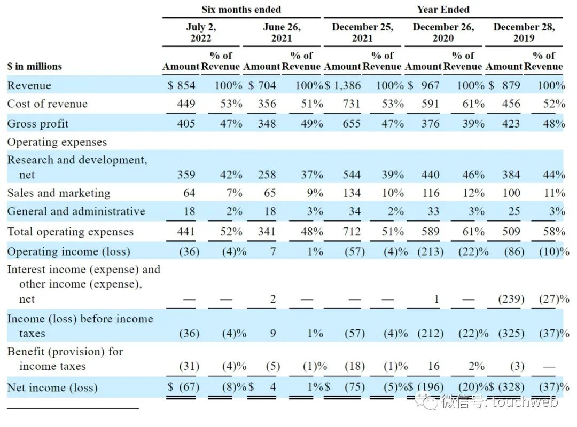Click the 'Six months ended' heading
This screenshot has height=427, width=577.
(241, 9)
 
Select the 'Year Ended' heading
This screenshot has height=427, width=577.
(443, 9)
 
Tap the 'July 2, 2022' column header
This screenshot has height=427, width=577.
(201, 33)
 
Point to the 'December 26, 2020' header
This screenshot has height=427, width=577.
(443, 33)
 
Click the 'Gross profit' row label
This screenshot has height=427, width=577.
(37, 124)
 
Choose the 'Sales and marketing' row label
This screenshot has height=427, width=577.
(59, 193)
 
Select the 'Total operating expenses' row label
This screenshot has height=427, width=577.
(71, 231)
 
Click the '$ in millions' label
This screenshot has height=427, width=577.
(35, 67)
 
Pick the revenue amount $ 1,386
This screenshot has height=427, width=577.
(342, 85)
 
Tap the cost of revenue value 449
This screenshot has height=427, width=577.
(186, 104)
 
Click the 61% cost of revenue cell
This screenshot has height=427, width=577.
(473, 104)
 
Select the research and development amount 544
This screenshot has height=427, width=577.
(352, 175)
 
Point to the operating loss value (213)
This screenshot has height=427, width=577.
(430, 251)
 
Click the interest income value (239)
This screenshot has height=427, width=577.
(511, 299)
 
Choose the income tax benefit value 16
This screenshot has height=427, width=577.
(434, 366)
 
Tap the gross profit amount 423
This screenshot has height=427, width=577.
(511, 124)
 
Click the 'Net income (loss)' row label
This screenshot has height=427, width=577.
(52, 388)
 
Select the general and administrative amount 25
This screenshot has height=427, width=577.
(514, 211)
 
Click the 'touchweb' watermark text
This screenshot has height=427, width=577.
(525, 401)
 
